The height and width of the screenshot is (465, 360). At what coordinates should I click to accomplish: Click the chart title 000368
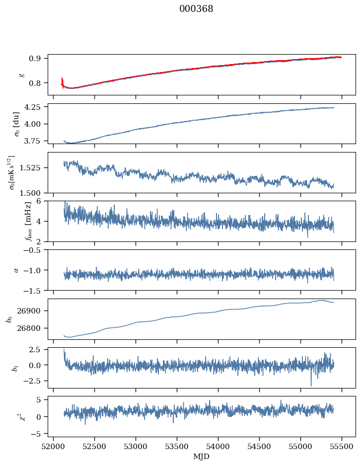[x=196, y=9]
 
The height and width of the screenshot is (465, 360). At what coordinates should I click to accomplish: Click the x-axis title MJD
[x=201, y=457]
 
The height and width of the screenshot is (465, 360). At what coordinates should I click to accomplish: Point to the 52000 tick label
[x=54, y=447]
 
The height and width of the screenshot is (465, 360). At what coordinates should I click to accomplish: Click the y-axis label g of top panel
[x=21, y=75]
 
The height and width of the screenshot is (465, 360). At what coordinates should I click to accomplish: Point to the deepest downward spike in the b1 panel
[x=311, y=385]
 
